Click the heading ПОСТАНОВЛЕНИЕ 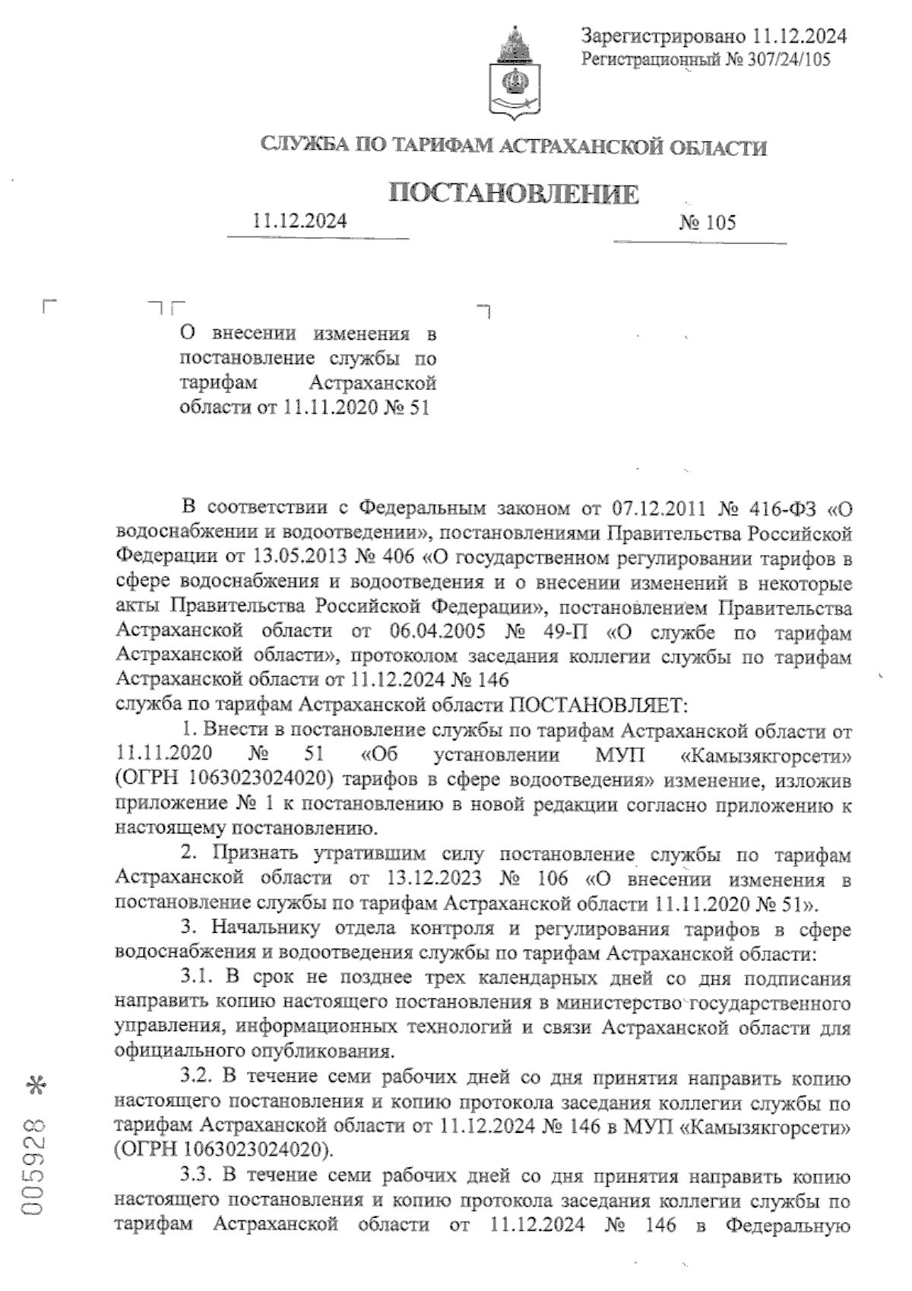[513, 195]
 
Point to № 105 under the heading [706, 222]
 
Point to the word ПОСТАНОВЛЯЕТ [598, 706]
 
